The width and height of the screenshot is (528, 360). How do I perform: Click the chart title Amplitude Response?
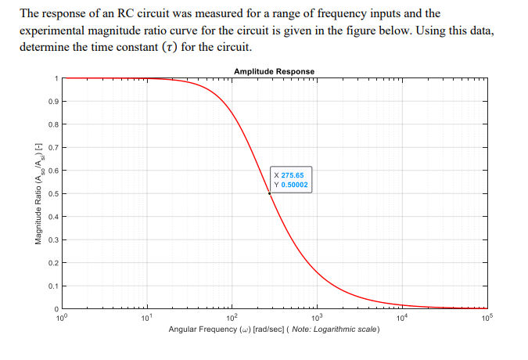[x=274, y=71]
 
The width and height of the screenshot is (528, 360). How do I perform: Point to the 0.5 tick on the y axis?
[x=51, y=193]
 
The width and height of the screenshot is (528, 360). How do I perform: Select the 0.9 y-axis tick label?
[x=51, y=102]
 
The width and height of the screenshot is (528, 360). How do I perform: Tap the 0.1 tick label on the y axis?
[x=51, y=286]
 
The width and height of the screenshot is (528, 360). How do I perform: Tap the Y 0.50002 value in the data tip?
[x=290, y=185]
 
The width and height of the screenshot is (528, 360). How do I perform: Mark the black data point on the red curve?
[x=271, y=193]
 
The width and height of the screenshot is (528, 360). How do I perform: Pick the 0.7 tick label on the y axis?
[x=51, y=147]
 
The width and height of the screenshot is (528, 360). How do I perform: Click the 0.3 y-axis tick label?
[x=51, y=239]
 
